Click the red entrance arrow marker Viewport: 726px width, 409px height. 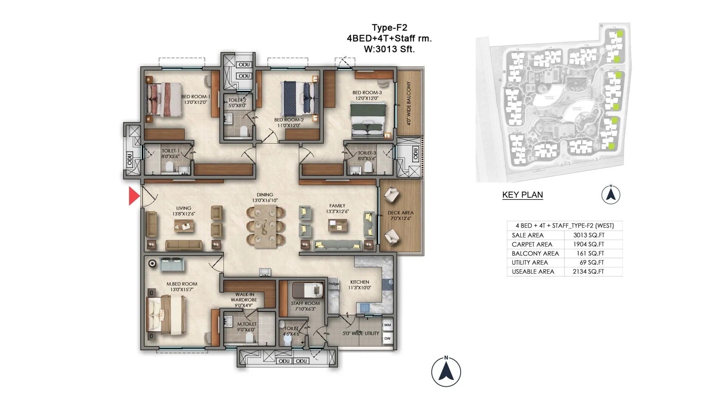pos(134,196)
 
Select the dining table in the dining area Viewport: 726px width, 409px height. pos(265,226)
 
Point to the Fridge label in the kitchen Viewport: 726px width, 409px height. pos(334,284)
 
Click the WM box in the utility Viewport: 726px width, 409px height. pos(387,325)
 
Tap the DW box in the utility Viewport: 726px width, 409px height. pos(387,339)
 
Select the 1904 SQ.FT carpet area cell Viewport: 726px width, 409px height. pos(588,244)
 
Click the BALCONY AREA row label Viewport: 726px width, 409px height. pos(535,253)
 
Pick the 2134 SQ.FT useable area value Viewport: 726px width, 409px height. pos(588,272)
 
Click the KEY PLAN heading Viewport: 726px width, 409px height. pos(523,195)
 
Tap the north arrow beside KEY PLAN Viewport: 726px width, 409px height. pos(611,195)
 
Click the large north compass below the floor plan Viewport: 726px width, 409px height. pos(446,372)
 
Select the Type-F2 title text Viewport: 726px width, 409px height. pos(389,28)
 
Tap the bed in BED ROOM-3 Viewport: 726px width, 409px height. pos(368,120)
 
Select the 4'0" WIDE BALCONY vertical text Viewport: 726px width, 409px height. pos(409,103)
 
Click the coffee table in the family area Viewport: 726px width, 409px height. pos(338,226)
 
